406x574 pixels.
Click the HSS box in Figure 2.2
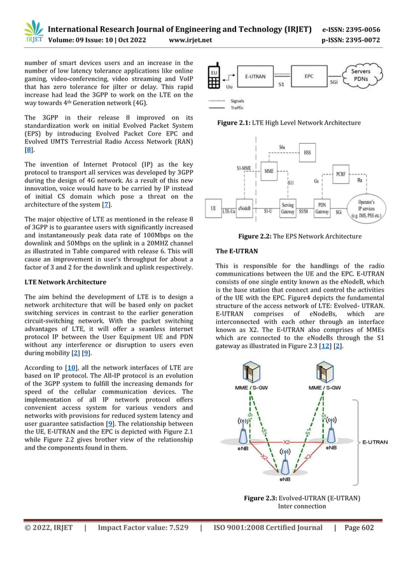coord(308,153)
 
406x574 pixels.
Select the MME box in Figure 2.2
coord(269,171)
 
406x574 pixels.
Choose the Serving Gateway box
coord(288,208)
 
